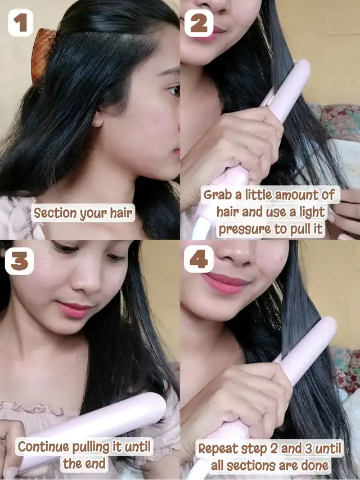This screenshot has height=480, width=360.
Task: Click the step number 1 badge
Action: pos(20,23)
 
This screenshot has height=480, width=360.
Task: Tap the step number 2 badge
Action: pos(199,23)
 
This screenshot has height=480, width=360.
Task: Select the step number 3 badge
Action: pos(20,261)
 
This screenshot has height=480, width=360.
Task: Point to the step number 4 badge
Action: pos(199,259)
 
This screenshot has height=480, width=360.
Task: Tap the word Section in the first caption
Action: pos(55,213)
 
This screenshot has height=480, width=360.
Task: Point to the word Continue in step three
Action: pos(43,447)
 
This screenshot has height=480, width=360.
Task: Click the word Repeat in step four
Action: pos(218,449)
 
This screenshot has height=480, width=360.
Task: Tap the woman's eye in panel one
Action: pos(174,91)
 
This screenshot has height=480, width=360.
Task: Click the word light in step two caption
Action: pos(312,212)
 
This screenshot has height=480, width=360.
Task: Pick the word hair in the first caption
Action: pos(121,213)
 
